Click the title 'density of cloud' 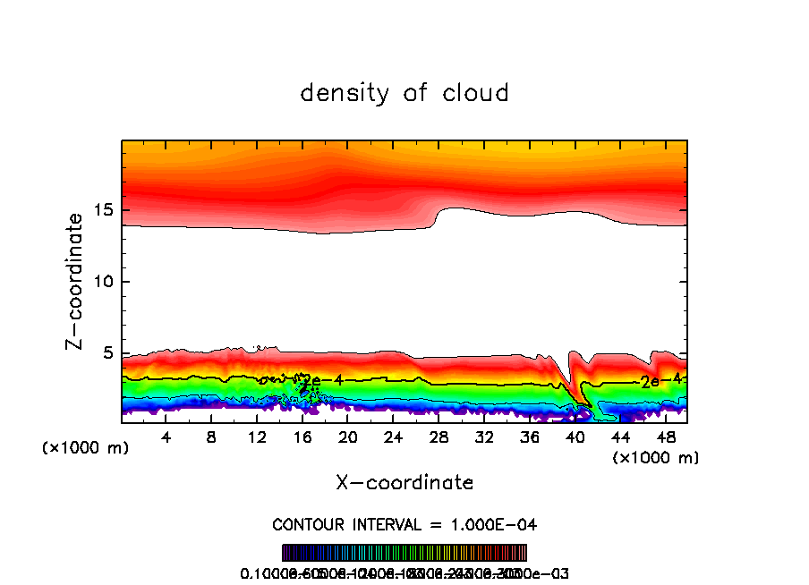[x=404, y=93]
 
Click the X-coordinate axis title [x=404, y=483]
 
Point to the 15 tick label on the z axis [x=100, y=210]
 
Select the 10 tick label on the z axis [x=100, y=282]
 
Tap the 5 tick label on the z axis [x=105, y=352]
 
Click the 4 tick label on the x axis [x=166, y=438]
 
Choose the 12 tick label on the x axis [x=257, y=438]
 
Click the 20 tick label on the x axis [x=348, y=438]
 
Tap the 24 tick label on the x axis [x=393, y=438]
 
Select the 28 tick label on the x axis [x=439, y=438]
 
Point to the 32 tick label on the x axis [x=484, y=438]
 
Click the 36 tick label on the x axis [x=530, y=438]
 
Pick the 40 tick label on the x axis [x=575, y=438]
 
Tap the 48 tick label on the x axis [x=665, y=438]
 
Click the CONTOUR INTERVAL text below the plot [x=404, y=524]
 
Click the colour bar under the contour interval [x=404, y=553]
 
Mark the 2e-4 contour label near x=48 [x=661, y=381]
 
